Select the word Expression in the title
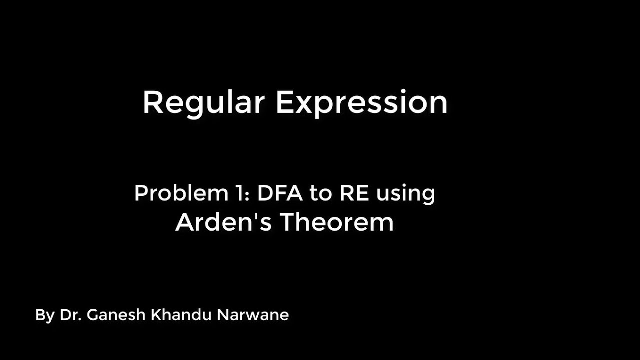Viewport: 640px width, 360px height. coord(361,103)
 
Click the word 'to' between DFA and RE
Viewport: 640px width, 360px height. coord(321,194)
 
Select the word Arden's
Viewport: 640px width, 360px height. coord(224,222)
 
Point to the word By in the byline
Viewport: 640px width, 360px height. coord(45,315)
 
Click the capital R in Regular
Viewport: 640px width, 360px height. coord(153,103)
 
